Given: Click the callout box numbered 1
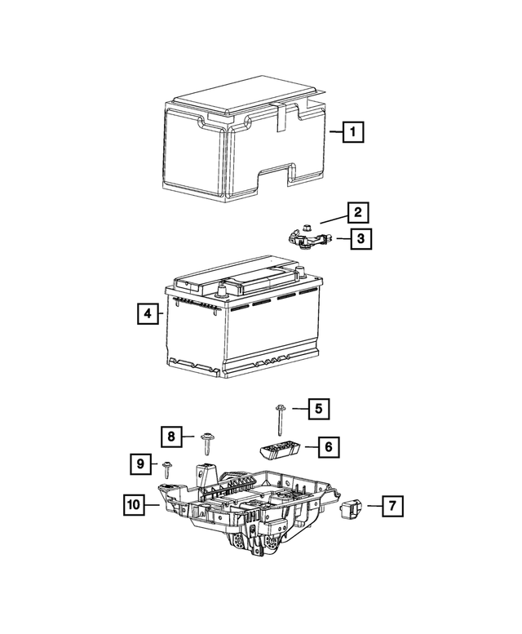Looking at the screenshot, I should tap(352, 131).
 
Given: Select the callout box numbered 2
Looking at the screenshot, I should tap(357, 213).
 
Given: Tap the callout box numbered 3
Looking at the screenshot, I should tap(359, 239).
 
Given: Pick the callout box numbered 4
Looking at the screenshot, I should tap(147, 313).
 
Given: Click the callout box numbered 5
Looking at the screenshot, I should tap(319, 409).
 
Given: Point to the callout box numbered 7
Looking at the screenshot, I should tap(391, 507).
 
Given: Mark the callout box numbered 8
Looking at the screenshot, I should tap(170, 437).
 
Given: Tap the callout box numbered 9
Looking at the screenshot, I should tap(140, 465).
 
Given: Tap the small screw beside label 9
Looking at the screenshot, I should tap(166, 468).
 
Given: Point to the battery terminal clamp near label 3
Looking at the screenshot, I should tap(306, 237).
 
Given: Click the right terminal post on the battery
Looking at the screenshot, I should tap(303, 273).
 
